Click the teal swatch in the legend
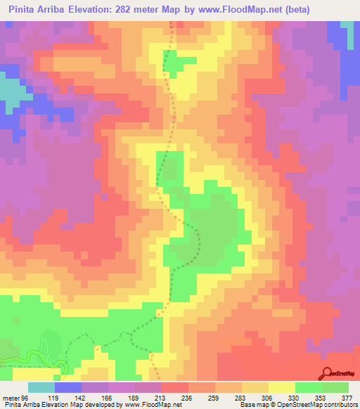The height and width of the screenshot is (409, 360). (41, 387)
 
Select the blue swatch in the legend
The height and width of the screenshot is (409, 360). (68, 387)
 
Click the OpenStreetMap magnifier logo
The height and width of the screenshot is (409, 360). (327, 372)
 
